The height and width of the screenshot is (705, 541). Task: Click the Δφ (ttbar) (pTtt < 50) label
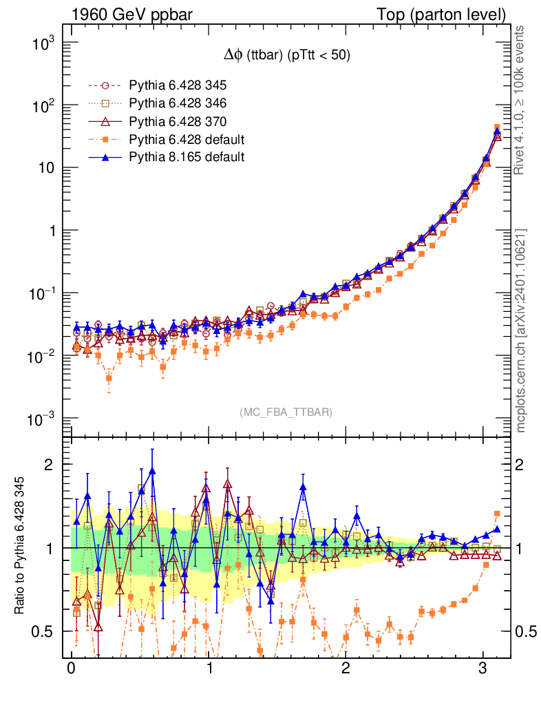coord(283,56)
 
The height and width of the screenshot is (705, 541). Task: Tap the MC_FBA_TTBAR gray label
coord(286,412)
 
